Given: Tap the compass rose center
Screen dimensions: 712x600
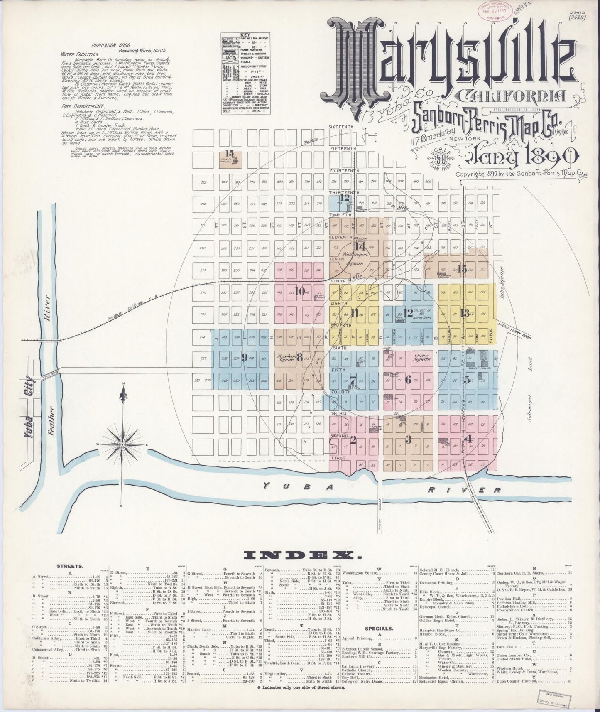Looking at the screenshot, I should (123, 445).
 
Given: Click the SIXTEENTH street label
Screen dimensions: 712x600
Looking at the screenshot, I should (340, 127).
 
